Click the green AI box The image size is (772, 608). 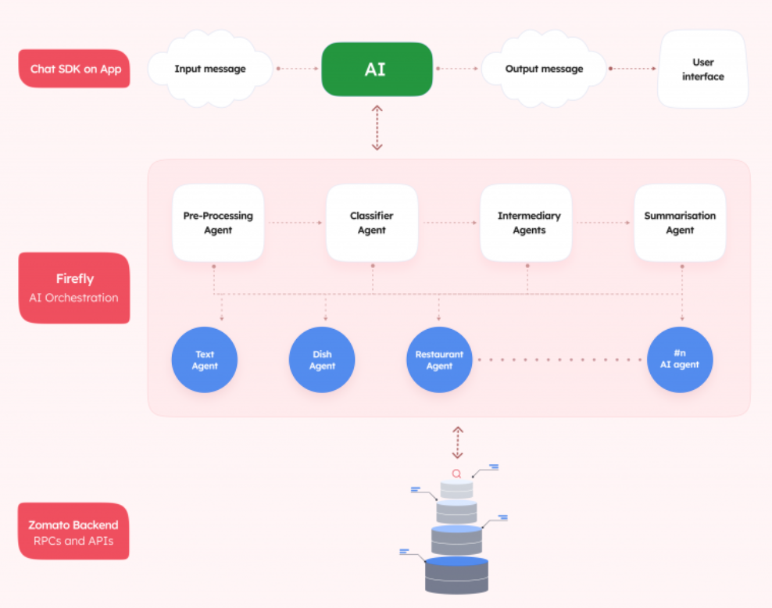click(377, 69)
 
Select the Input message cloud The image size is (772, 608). click(209, 69)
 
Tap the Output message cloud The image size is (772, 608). click(544, 69)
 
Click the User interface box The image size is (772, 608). click(702, 69)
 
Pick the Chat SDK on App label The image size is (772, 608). click(75, 69)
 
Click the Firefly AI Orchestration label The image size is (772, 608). click(75, 288)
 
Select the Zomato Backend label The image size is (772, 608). click(73, 531)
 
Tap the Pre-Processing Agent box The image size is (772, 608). click(218, 223)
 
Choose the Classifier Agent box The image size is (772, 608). click(372, 223)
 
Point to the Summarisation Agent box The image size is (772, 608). click(680, 223)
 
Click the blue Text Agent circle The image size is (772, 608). click(205, 360)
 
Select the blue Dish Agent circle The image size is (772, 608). click(322, 360)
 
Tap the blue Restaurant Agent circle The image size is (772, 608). click(439, 360)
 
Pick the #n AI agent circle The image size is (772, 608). click(680, 360)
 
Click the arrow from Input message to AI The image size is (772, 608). click(297, 69)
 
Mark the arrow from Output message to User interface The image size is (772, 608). click(633, 69)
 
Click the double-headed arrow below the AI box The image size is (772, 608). click(377, 127)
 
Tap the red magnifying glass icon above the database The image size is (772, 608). click(456, 474)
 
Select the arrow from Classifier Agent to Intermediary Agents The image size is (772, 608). click(450, 223)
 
